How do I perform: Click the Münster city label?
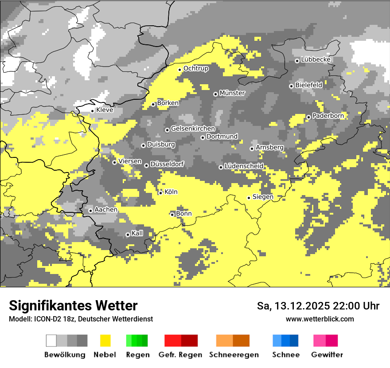pyautogui.click(x=232, y=93)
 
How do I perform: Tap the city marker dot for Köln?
pyautogui.click(x=160, y=192)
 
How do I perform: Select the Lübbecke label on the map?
pyautogui.click(x=316, y=59)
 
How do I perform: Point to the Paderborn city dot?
pyautogui.click(x=308, y=117)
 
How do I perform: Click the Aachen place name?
pyautogui.click(x=106, y=210)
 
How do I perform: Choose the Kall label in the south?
pyautogui.click(x=137, y=233)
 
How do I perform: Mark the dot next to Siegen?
pyautogui.click(x=249, y=198)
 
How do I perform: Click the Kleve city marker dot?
pyautogui.click(x=92, y=111)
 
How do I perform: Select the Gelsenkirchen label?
pyautogui.click(x=193, y=129)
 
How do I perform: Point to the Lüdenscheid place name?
pyautogui.click(x=244, y=166)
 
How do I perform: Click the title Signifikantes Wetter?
pyautogui.click(x=73, y=305)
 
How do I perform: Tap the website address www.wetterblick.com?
pyautogui.click(x=320, y=319)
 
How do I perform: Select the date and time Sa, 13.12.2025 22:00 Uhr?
pyautogui.click(x=318, y=306)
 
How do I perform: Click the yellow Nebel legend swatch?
pyautogui.click(x=105, y=341)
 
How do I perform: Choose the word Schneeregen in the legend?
pyautogui.click(x=234, y=355)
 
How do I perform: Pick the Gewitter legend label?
pyautogui.click(x=327, y=355)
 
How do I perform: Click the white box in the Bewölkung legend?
pyautogui.click(x=51, y=341)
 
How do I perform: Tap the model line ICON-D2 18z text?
pyautogui.click(x=81, y=319)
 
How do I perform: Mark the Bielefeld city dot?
pyautogui.click(x=291, y=86)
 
